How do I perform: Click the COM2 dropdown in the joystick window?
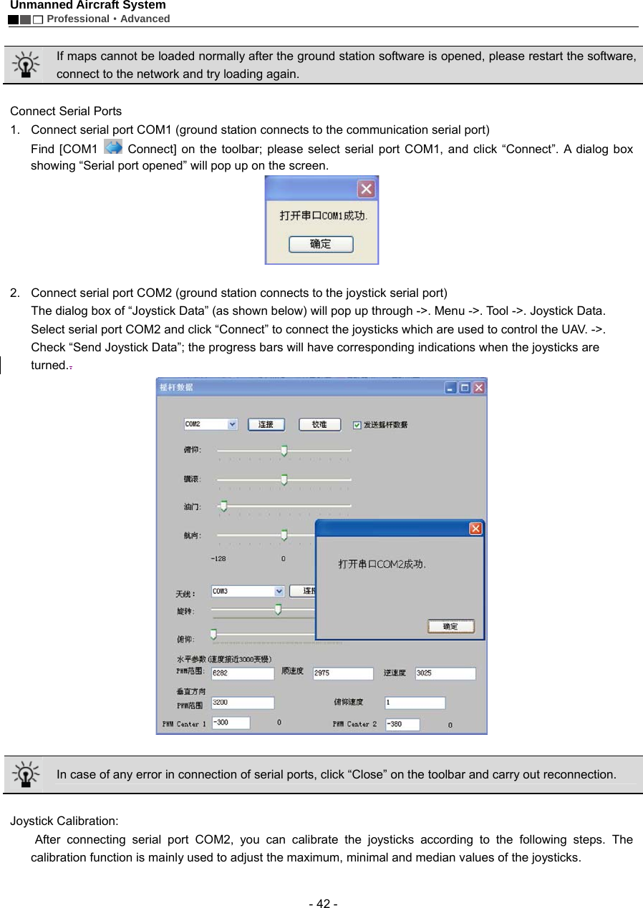point(211,424)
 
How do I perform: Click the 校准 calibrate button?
point(318,424)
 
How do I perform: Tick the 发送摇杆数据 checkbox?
point(357,425)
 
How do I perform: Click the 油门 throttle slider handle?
point(223,506)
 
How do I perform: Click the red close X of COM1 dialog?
point(366,189)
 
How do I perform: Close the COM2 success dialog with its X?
point(475,529)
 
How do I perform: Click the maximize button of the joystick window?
point(464,388)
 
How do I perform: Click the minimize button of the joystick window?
point(450,388)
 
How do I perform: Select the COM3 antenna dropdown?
point(248,591)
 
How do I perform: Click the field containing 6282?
point(243,673)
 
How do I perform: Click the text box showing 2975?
point(343,673)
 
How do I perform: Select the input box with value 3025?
point(445,673)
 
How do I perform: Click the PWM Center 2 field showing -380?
point(402,723)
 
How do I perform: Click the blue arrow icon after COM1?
point(113,147)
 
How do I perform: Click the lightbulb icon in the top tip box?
point(25,64)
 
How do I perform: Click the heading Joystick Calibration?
point(64,821)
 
